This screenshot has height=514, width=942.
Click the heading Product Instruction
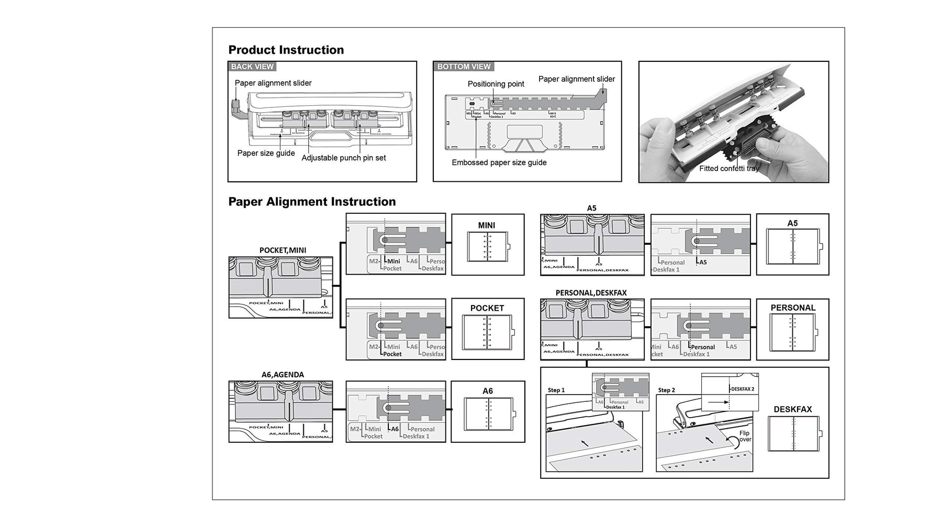pos(286,50)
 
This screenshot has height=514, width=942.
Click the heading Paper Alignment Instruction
pos(312,202)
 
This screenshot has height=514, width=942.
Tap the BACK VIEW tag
pos(252,67)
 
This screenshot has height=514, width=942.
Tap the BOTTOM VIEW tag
pos(464,67)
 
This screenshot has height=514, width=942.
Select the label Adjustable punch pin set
pos(343,158)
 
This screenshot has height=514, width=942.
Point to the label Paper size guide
pos(266,153)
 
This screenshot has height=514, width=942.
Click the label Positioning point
pos(496,84)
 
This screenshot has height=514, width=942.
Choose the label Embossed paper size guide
pos(499,162)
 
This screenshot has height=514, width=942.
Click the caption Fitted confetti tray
pos(728,169)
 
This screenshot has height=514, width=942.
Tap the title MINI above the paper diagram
pos(486,225)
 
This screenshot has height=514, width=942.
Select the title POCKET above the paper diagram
pos(487,308)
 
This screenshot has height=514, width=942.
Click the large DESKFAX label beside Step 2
pos(792,409)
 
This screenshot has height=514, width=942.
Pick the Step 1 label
pos(556,390)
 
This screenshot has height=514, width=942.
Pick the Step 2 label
pos(666,390)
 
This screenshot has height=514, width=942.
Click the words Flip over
pos(745,436)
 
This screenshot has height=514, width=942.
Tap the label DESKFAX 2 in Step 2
pos(742,389)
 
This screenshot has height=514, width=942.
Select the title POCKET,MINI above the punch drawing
pos(283,250)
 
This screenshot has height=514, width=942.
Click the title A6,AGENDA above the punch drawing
pos(283,375)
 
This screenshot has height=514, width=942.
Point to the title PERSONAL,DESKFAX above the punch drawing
pos(591,293)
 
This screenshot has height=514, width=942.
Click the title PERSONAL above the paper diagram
pos(793,308)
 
